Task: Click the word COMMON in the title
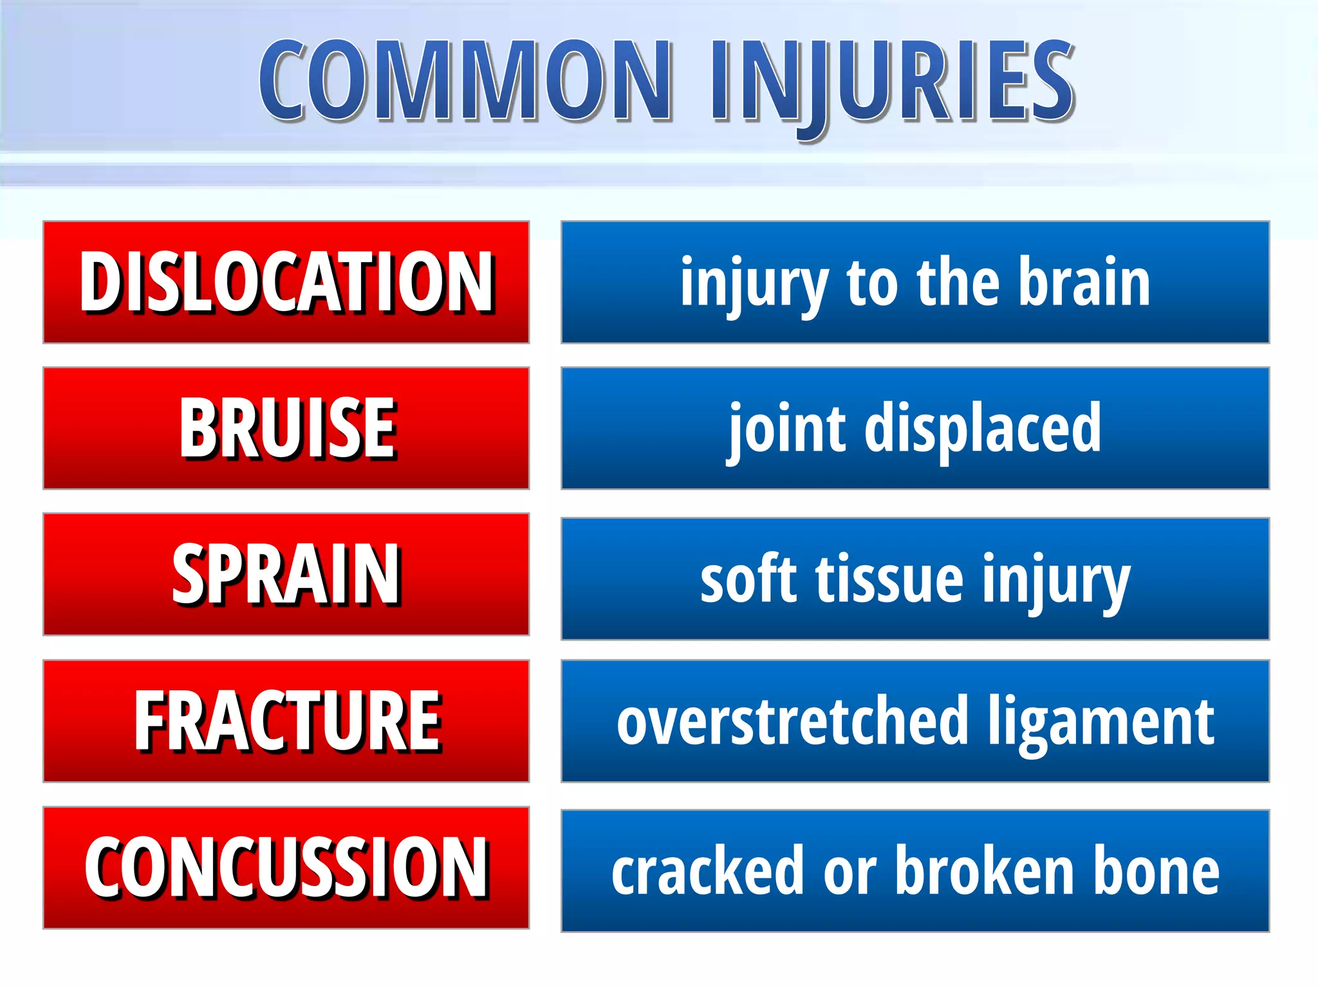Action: pyautogui.click(x=465, y=80)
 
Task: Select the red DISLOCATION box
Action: pyautogui.click(x=286, y=282)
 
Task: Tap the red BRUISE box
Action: pyautogui.click(x=286, y=428)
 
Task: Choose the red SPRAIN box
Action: pyautogui.click(x=286, y=574)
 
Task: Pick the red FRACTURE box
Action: pyautogui.click(x=286, y=721)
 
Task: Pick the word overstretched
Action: pyautogui.click(x=792, y=721)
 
